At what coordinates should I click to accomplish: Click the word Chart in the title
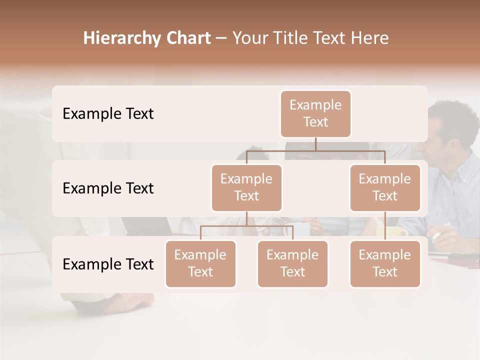tap(188, 38)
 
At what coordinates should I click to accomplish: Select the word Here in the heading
tap(369, 38)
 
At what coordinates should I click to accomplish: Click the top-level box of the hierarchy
tap(315, 113)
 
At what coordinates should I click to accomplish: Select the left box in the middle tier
tap(246, 187)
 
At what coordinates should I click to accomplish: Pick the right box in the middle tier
tap(385, 187)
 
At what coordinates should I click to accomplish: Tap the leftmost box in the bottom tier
tap(200, 263)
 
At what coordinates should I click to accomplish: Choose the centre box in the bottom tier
tap(292, 263)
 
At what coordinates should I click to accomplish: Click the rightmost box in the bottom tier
tap(385, 263)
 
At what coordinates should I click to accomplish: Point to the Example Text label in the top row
tap(108, 113)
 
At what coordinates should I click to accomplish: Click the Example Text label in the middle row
tap(108, 188)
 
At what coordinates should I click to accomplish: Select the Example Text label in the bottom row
tap(108, 264)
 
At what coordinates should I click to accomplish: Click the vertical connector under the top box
tap(315, 144)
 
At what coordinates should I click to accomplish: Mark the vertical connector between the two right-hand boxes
tap(385, 226)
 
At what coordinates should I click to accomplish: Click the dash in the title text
tap(221, 38)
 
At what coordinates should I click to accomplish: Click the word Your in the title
tap(248, 38)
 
